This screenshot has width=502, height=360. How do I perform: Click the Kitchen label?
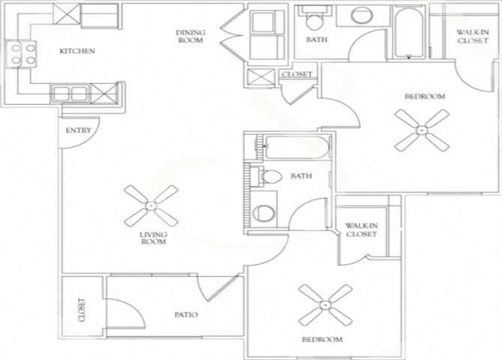click(77, 51)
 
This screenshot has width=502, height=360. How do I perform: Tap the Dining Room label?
click(190, 36)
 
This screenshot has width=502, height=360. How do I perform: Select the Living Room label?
click(152, 238)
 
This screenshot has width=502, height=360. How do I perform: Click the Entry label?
click(78, 131)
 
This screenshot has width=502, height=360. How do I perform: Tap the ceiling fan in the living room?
click(151, 205)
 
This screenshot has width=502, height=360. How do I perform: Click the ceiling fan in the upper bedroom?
click(421, 129)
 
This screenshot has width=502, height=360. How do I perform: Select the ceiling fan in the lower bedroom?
click(325, 304)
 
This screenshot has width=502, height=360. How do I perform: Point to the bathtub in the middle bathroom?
click(295, 147)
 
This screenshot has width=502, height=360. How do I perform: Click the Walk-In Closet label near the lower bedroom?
click(360, 229)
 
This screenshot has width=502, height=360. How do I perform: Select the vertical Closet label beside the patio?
click(82, 310)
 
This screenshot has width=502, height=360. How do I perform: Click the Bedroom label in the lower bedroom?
click(322, 340)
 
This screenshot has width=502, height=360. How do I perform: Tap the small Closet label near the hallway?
click(297, 75)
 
